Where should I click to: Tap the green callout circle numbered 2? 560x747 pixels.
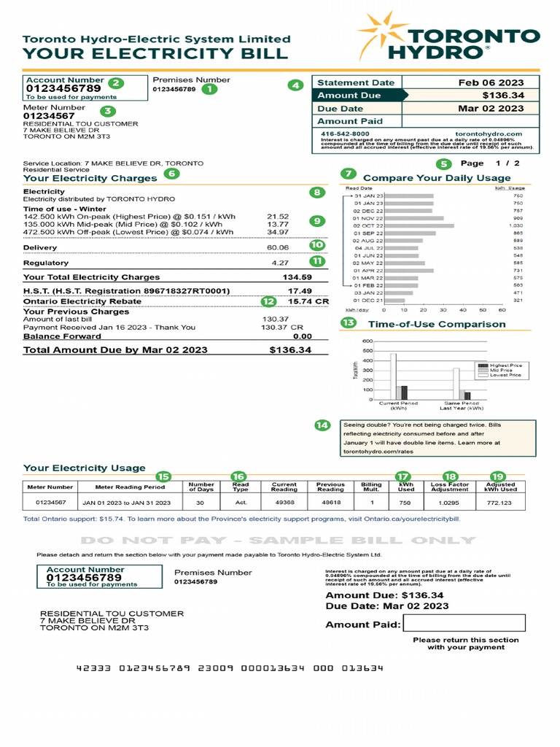tap(116, 83)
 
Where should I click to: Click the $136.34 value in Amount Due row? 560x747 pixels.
tap(502, 96)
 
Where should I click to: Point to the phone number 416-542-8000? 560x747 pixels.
tap(345, 134)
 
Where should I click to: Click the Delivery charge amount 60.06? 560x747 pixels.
tap(278, 247)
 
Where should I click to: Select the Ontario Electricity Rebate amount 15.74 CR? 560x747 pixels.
tap(308, 301)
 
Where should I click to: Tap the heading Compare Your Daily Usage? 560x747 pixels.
tap(436, 177)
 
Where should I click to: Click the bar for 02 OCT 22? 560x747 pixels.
tap(419, 225)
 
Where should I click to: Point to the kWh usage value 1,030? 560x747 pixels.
tap(516, 225)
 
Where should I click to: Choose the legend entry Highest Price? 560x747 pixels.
tap(505, 365)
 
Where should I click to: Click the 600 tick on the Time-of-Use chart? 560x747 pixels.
tap(367, 341)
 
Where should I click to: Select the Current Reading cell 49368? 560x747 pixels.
tap(284, 503)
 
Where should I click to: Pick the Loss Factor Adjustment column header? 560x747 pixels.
tap(450, 487)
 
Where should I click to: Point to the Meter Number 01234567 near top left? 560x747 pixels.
tap(49, 115)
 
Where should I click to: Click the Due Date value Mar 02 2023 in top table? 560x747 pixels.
tap(491, 108)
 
